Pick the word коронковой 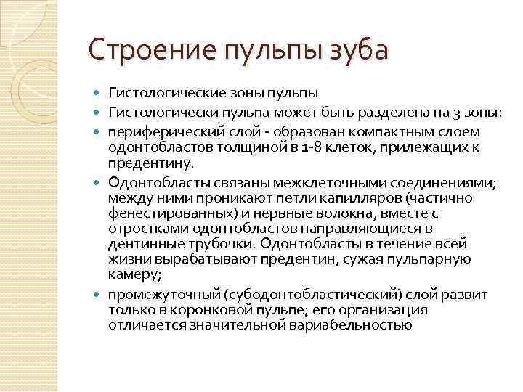coord(200,310)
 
